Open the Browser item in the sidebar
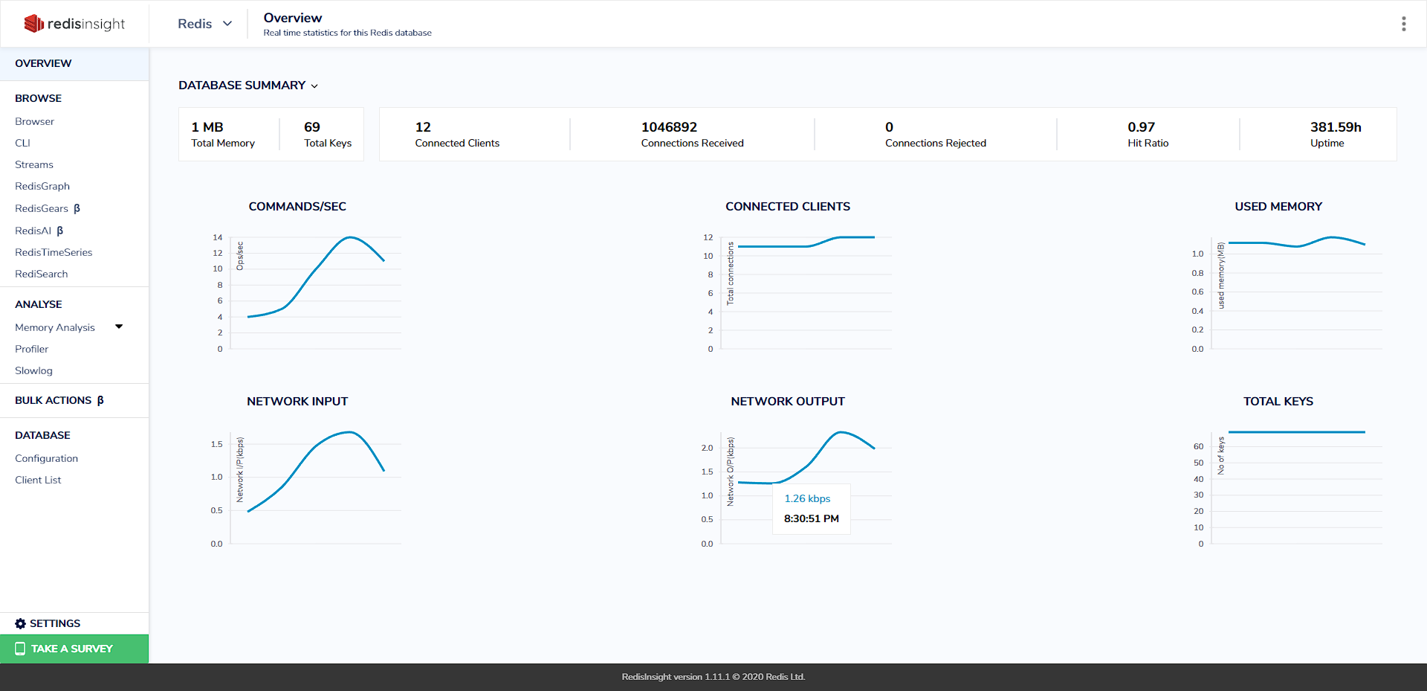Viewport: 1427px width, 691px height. [34, 121]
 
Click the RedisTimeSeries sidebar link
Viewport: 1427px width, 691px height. [54, 252]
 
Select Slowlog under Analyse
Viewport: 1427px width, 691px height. [33, 370]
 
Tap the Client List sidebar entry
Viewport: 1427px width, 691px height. [38, 480]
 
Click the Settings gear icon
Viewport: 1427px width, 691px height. [20, 623]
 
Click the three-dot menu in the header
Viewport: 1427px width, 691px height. [1403, 24]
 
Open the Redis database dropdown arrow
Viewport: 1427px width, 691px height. [227, 24]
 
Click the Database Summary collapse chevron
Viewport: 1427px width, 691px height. [314, 86]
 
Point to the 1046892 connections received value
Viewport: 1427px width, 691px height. [669, 127]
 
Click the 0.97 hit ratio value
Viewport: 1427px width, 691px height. [1141, 127]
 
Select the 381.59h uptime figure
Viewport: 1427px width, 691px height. [1336, 127]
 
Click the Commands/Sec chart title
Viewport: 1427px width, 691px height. [297, 207]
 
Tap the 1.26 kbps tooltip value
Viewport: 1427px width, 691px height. [807, 498]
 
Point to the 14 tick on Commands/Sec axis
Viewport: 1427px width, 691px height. [218, 237]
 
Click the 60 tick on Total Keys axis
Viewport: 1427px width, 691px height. [1198, 446]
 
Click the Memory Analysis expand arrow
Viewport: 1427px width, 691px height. [119, 327]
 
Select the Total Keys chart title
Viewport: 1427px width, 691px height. [1278, 402]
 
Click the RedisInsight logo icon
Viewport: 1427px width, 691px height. [34, 24]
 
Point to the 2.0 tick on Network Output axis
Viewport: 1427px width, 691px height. [707, 448]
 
